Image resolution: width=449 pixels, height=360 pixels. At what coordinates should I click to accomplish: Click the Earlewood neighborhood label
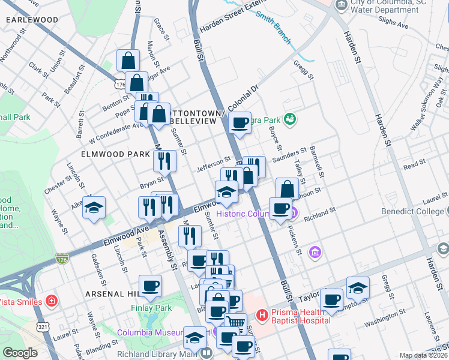[x=32, y=20]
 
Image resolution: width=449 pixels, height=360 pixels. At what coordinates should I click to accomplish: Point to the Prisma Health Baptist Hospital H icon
[x=262, y=314]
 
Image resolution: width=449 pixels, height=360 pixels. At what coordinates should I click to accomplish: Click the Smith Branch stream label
[x=273, y=29]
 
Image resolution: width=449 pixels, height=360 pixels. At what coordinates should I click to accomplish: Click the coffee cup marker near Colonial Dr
[x=240, y=124]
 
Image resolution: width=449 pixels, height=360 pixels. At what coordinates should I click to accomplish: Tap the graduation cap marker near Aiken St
[x=94, y=208]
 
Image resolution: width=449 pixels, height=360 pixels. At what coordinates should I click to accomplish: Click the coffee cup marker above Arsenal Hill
[x=150, y=286]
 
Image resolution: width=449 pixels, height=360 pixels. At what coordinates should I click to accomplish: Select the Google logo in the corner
[x=20, y=353]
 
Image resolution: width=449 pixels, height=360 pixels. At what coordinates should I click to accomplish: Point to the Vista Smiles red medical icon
[x=52, y=301]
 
